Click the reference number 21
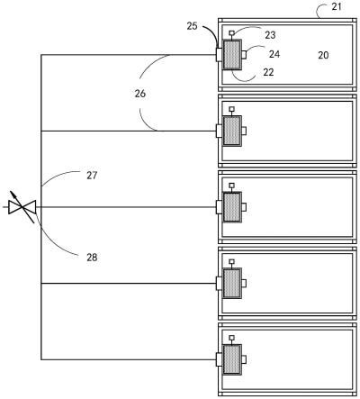click(x=337, y=6)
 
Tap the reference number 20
click(x=323, y=55)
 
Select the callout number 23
click(x=270, y=35)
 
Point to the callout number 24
click(x=274, y=54)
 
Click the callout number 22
click(x=268, y=72)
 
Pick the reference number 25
click(x=193, y=26)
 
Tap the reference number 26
click(x=140, y=94)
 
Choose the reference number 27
click(x=92, y=176)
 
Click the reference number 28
click(x=92, y=258)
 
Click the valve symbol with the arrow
click(x=22, y=207)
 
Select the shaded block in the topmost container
click(x=232, y=55)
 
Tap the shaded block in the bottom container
click(x=232, y=359)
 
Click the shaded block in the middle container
click(x=232, y=207)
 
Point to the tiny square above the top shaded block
click(x=231, y=32)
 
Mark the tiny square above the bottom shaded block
click(x=231, y=338)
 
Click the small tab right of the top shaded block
click(x=244, y=55)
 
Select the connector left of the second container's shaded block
click(x=220, y=131)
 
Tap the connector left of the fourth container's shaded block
click(x=220, y=283)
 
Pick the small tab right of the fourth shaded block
click(x=244, y=283)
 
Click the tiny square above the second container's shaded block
click(x=231, y=109)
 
